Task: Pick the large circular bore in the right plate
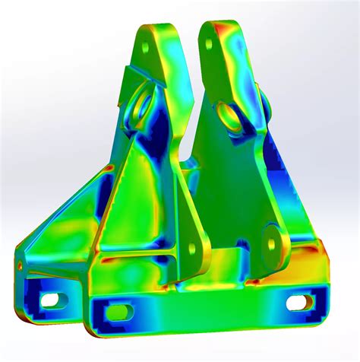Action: pos(228,116)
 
